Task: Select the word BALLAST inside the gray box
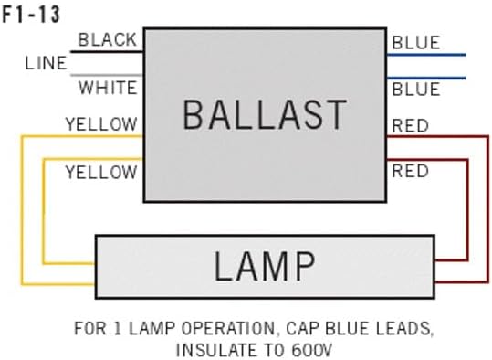tap(265, 116)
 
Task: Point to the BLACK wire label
tap(108, 39)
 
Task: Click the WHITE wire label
tap(108, 89)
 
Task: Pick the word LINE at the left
tap(46, 64)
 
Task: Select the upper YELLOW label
tap(100, 124)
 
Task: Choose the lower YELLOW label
tap(100, 172)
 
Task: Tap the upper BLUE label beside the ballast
tap(415, 43)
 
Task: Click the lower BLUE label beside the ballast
tap(415, 89)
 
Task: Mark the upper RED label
tap(410, 125)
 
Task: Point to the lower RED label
tap(410, 171)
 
